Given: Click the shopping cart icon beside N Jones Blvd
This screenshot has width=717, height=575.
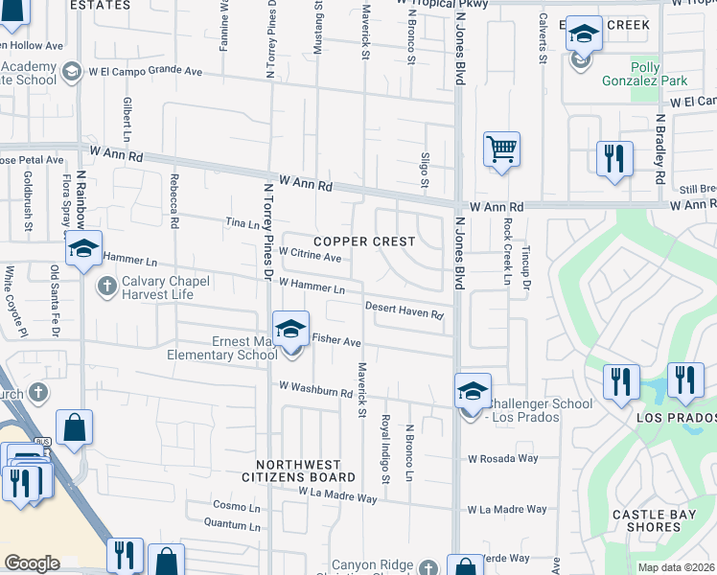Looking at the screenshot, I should pos(500,149).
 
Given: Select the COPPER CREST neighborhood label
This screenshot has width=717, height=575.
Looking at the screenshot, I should pos(364,241).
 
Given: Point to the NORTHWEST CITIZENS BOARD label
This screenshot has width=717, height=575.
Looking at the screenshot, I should pos(298,470).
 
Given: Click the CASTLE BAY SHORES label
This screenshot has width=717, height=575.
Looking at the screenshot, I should pos(659,521).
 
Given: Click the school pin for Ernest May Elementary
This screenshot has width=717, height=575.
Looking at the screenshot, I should pos(290,329).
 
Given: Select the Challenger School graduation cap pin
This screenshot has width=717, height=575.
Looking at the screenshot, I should pos(472,391).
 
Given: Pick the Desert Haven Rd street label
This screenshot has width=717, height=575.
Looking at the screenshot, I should pos(404,310).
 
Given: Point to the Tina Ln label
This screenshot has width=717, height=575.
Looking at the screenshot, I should pos(241,224).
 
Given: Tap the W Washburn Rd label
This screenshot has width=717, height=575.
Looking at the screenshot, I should pos(315,391).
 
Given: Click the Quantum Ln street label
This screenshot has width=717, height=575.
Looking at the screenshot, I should pos(233,523).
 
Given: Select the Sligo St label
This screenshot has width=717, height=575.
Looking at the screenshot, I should pos(425,169).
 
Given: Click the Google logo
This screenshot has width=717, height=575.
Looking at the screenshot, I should pos(32,563).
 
